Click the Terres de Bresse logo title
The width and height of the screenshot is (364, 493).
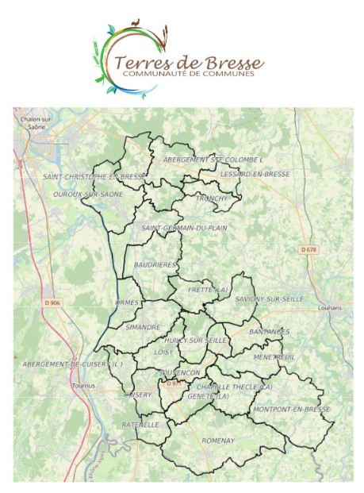coord(189,62)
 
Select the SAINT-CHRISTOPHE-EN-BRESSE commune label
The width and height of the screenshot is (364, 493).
coord(94,177)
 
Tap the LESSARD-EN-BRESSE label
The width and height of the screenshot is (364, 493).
coord(256,174)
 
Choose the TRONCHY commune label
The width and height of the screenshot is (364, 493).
coord(212,198)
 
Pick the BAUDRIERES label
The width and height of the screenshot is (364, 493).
coord(155,264)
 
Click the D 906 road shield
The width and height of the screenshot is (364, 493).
coord(53,302)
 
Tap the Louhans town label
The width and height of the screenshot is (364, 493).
coord(328,307)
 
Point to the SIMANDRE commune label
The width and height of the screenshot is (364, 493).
coord(143,327)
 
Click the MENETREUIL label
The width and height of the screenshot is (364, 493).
coord(274,357)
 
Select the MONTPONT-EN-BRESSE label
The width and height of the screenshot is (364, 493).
coord(291,410)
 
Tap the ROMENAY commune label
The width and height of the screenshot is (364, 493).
coord(218,440)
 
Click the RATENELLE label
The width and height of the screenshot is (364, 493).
coord(140,425)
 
